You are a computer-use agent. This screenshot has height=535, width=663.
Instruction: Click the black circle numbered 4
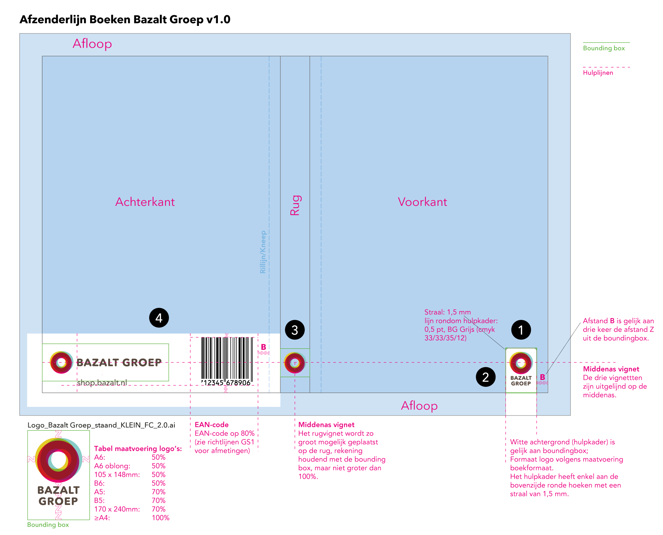click(x=159, y=318)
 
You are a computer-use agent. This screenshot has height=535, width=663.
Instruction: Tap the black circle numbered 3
click(x=295, y=330)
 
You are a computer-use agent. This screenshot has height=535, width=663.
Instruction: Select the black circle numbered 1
click(x=521, y=330)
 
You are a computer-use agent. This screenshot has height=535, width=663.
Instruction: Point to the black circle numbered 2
click(x=486, y=377)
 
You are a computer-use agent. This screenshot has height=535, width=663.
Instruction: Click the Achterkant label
click(x=145, y=202)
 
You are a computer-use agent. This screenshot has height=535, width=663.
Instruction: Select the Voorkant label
click(x=422, y=202)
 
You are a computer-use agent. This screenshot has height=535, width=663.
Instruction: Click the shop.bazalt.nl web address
click(x=102, y=383)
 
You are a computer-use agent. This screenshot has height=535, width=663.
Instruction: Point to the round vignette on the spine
click(x=295, y=363)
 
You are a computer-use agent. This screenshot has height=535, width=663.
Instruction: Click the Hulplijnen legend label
click(x=598, y=73)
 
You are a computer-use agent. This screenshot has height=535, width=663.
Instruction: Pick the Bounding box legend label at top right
click(x=604, y=48)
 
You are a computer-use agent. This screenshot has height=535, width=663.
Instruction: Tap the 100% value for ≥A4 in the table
click(x=161, y=518)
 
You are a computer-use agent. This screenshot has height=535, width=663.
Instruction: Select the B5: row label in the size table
click(x=99, y=500)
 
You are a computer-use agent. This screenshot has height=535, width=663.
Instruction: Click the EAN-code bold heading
click(x=212, y=425)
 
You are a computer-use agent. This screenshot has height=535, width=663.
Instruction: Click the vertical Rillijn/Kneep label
click(x=263, y=252)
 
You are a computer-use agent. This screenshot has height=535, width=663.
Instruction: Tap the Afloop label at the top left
click(x=92, y=44)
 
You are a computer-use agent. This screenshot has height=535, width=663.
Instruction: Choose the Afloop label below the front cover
click(x=419, y=405)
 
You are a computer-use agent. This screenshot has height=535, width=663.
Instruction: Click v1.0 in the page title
click(x=218, y=19)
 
